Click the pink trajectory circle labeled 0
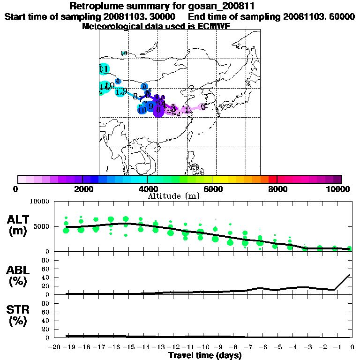click(203, 107)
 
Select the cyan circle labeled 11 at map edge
click(104, 69)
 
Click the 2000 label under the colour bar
click(82, 189)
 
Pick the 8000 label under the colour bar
click(277, 189)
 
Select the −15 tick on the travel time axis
click(126, 347)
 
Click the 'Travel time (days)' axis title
click(205, 355)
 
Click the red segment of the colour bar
click(272, 179)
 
